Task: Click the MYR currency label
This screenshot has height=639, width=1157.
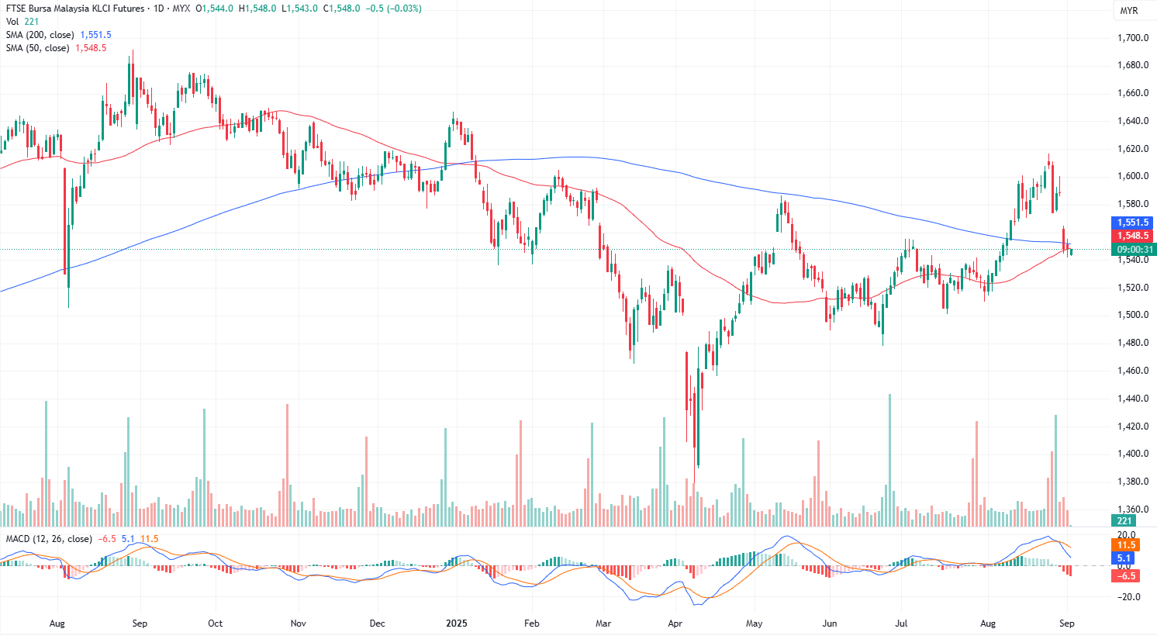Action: (x=1128, y=11)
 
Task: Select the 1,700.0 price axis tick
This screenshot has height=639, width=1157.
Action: (x=1132, y=38)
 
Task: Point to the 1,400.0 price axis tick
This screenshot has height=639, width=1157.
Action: (x=1132, y=454)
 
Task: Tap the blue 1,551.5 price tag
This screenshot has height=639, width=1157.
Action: (x=1132, y=223)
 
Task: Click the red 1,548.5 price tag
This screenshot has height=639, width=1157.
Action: (x=1132, y=236)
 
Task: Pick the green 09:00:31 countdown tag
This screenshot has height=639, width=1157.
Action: (x=1134, y=250)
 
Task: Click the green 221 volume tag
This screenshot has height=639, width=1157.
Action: (x=1124, y=521)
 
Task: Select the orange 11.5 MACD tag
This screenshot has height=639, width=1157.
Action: (x=1126, y=545)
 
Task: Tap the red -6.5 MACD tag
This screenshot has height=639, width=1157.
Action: (x=1126, y=575)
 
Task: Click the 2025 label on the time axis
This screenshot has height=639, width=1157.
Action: (x=456, y=623)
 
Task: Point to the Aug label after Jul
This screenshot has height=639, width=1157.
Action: (x=988, y=623)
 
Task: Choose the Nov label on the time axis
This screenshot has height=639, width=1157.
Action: (x=299, y=623)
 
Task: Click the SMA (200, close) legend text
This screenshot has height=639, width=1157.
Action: (x=40, y=35)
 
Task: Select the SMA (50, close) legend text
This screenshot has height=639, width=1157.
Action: (x=38, y=48)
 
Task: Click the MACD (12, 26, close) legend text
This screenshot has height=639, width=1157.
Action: (x=49, y=539)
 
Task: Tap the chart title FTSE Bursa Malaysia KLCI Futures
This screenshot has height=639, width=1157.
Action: (x=75, y=9)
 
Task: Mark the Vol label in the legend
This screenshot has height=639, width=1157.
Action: (x=12, y=22)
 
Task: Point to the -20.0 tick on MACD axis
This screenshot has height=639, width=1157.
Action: (x=1128, y=597)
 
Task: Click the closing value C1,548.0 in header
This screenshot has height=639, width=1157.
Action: (x=342, y=9)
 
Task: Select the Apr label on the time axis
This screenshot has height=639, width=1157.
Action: (x=675, y=623)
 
